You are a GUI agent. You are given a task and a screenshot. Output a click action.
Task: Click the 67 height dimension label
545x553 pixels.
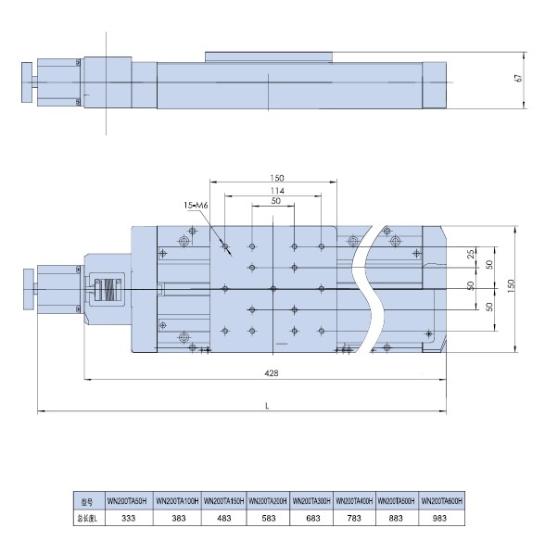tap(518, 79)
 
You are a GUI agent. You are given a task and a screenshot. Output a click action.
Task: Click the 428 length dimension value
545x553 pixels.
tap(272, 372)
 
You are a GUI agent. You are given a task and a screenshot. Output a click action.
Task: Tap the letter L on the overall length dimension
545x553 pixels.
tap(267, 406)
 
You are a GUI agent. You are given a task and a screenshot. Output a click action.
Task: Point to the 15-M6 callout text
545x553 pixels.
tap(196, 205)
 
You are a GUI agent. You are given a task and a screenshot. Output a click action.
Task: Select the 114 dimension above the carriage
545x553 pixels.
tap(277, 191)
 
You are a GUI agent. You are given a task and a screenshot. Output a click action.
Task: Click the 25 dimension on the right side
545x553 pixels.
tap(471, 254)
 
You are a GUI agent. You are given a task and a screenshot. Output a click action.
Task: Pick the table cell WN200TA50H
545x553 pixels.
tap(129, 501)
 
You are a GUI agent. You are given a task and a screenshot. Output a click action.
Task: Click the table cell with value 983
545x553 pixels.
tap(439, 518)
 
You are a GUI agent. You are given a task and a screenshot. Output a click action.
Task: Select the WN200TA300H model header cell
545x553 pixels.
tap(311, 501)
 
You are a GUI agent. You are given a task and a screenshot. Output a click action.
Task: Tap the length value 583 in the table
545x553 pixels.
tap(268, 518)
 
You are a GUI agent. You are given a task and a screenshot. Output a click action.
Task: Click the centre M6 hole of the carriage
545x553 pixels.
tap(273, 289)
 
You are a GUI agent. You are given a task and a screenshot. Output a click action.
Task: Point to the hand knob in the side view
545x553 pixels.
tap(27, 82)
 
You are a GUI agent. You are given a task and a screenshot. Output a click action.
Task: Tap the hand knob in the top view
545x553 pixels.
tap(29, 289)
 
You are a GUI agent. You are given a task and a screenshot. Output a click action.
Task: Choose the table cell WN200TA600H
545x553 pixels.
tap(441, 501)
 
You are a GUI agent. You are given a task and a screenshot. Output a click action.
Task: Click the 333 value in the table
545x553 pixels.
tap(129, 518)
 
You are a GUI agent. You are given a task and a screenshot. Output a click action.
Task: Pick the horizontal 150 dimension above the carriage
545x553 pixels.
tap(276, 178)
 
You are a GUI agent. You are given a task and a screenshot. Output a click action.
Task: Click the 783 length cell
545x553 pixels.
tap(354, 518)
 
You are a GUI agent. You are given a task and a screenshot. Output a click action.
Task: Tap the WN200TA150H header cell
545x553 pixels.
tap(223, 501)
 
